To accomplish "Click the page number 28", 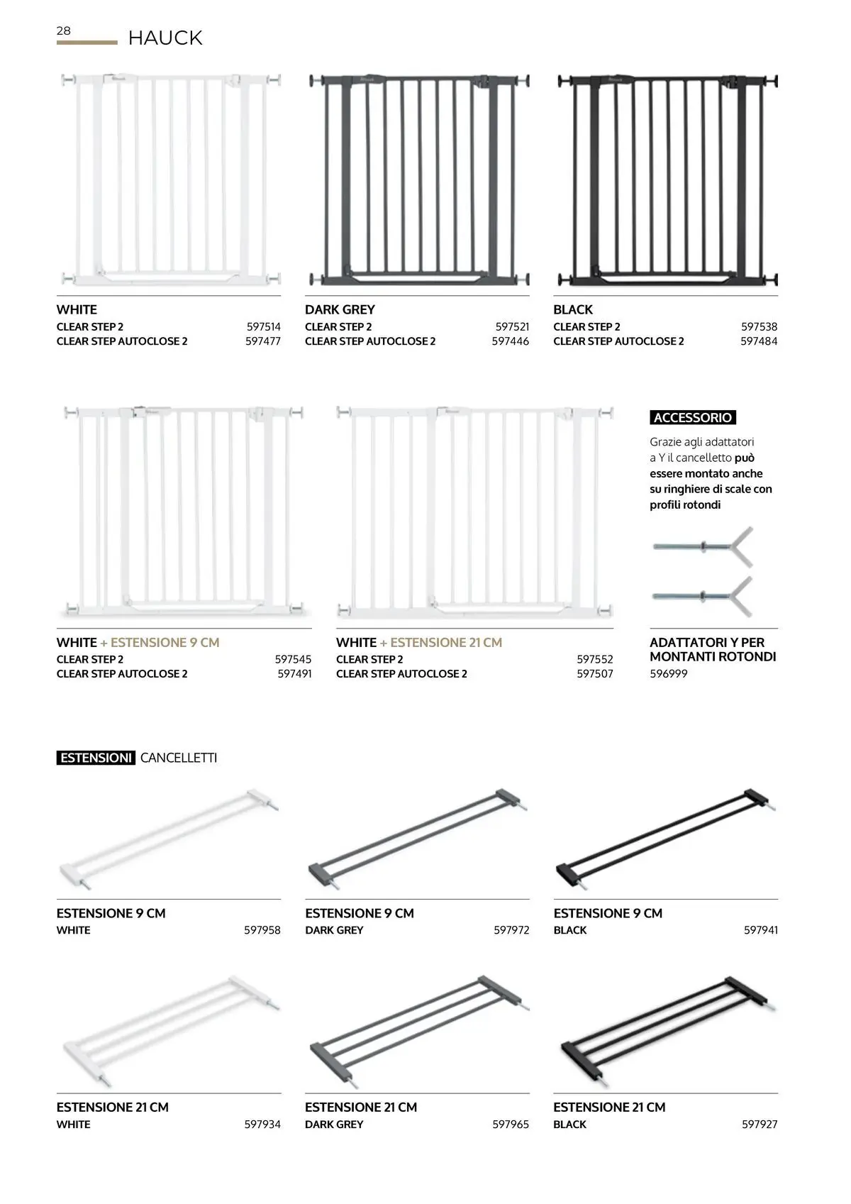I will (64, 31).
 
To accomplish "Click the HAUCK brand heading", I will (165, 38).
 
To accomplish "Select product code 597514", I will (264, 327).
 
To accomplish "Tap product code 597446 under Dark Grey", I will (511, 341).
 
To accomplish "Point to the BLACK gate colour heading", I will (573, 310).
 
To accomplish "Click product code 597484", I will (759, 341).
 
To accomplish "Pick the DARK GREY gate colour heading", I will (340, 310).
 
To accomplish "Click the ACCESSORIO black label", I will (693, 418).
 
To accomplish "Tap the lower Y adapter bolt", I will (701, 596).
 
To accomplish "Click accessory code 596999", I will (669, 674).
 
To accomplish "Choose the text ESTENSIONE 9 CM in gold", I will (165, 643).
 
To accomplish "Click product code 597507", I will (595, 674).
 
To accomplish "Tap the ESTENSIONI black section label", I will (96, 758).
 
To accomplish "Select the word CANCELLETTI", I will (179, 758).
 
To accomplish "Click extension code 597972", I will (511, 930).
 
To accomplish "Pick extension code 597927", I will (760, 1125).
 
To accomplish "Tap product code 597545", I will (293, 660).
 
